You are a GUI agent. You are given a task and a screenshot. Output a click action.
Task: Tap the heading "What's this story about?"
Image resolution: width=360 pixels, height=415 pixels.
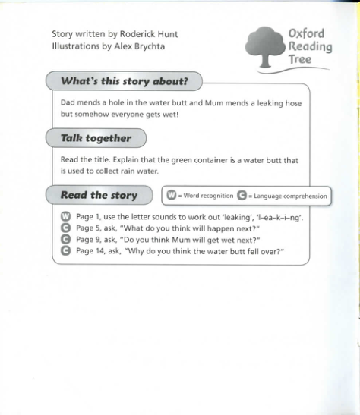125,80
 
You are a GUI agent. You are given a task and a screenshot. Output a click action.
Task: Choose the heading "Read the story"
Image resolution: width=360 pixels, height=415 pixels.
99,195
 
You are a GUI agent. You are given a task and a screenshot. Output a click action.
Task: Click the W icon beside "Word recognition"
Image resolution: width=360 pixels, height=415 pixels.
172,196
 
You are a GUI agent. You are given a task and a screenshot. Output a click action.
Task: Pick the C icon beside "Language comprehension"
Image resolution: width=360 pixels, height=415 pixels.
242,196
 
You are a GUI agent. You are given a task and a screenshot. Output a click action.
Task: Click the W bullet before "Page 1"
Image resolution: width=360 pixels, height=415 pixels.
65,218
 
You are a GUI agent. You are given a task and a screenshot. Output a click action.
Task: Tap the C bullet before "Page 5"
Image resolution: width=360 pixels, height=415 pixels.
65,228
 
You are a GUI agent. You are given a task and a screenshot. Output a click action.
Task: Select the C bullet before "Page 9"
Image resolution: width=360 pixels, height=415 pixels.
65,239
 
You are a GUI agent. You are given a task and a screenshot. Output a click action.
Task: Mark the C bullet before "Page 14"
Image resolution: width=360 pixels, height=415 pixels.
65,250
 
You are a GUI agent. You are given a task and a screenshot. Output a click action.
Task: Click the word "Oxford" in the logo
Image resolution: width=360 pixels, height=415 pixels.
306,34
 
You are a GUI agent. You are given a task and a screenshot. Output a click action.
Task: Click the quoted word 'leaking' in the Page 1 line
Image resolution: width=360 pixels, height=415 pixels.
240,218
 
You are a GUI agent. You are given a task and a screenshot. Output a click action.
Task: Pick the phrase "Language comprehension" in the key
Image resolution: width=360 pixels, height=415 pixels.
290,196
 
